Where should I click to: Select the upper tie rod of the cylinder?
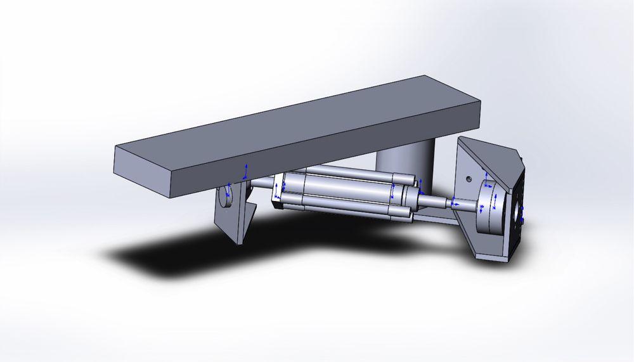(355, 173)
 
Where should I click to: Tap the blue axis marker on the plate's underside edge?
(247, 170)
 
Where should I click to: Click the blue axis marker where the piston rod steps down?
(453, 204)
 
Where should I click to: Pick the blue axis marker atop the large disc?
(487, 176)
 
